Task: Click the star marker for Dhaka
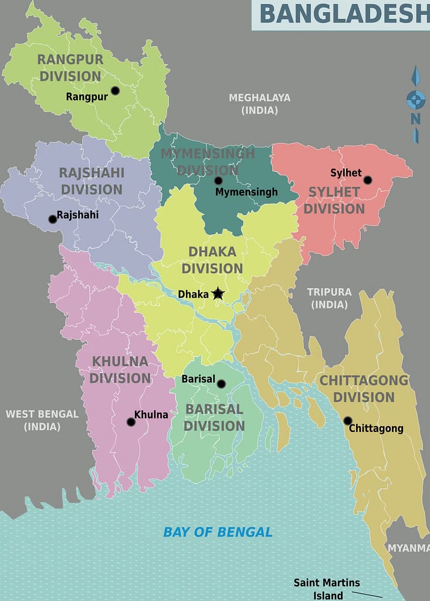coord(218,293)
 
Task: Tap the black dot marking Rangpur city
coord(115,90)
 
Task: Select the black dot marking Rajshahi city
coord(53,219)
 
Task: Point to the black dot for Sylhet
coord(367,180)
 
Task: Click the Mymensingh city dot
coord(218,181)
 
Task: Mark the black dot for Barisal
coord(221,384)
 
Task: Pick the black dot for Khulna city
coord(131,421)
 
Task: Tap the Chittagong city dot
coord(347,421)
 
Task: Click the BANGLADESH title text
coord(344,14)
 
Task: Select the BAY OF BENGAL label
coord(218,532)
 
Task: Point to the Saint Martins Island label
coord(327,589)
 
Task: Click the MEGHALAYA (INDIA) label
coord(259,103)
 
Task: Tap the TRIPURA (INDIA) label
coord(329,298)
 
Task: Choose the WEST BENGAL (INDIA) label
coord(42,420)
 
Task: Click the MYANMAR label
coord(408,548)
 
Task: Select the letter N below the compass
coord(415,119)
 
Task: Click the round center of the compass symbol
coord(415,100)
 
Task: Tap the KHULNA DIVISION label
coord(120,369)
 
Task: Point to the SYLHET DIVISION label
coord(334,200)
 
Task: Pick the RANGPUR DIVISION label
coord(70,67)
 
